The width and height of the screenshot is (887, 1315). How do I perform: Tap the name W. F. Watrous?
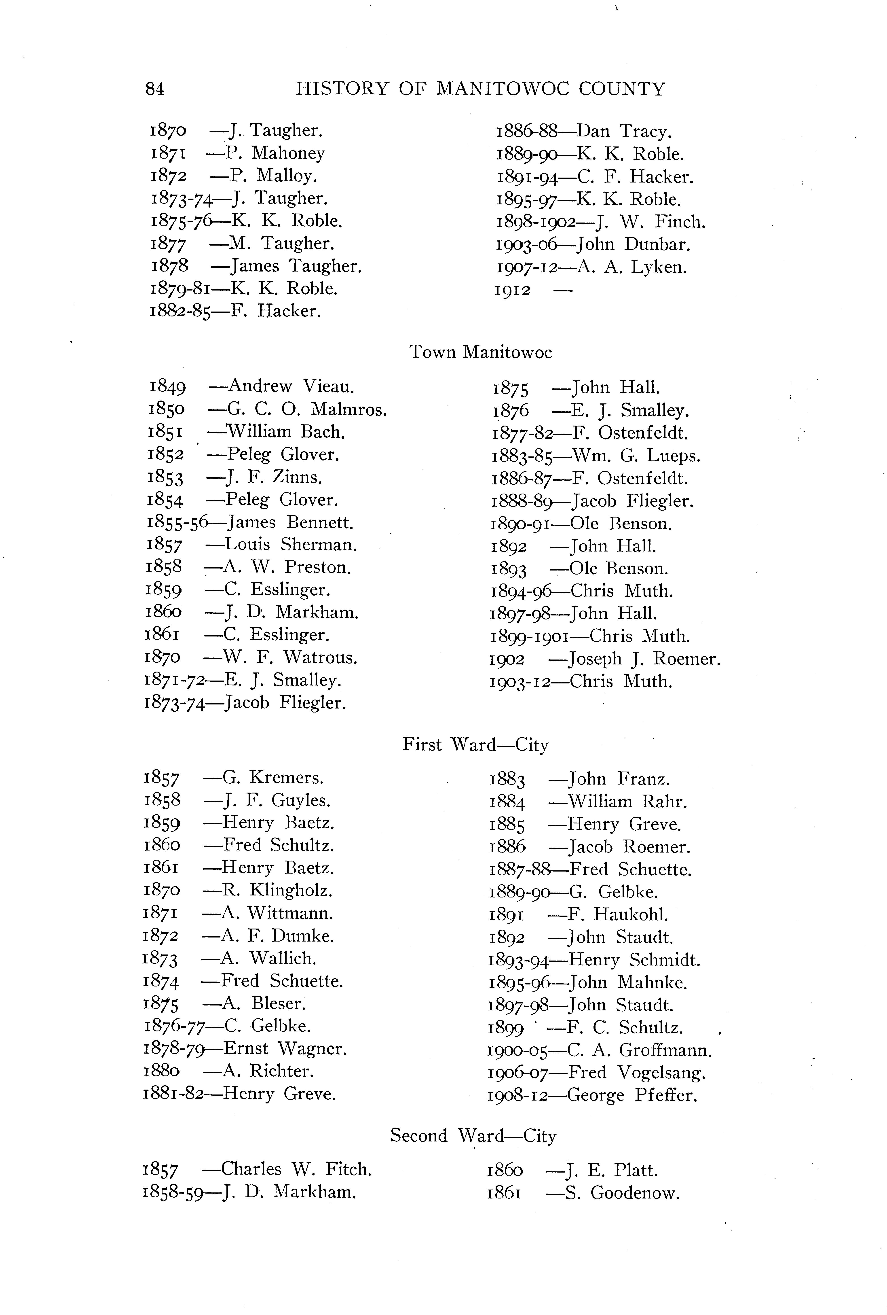[291, 657]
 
